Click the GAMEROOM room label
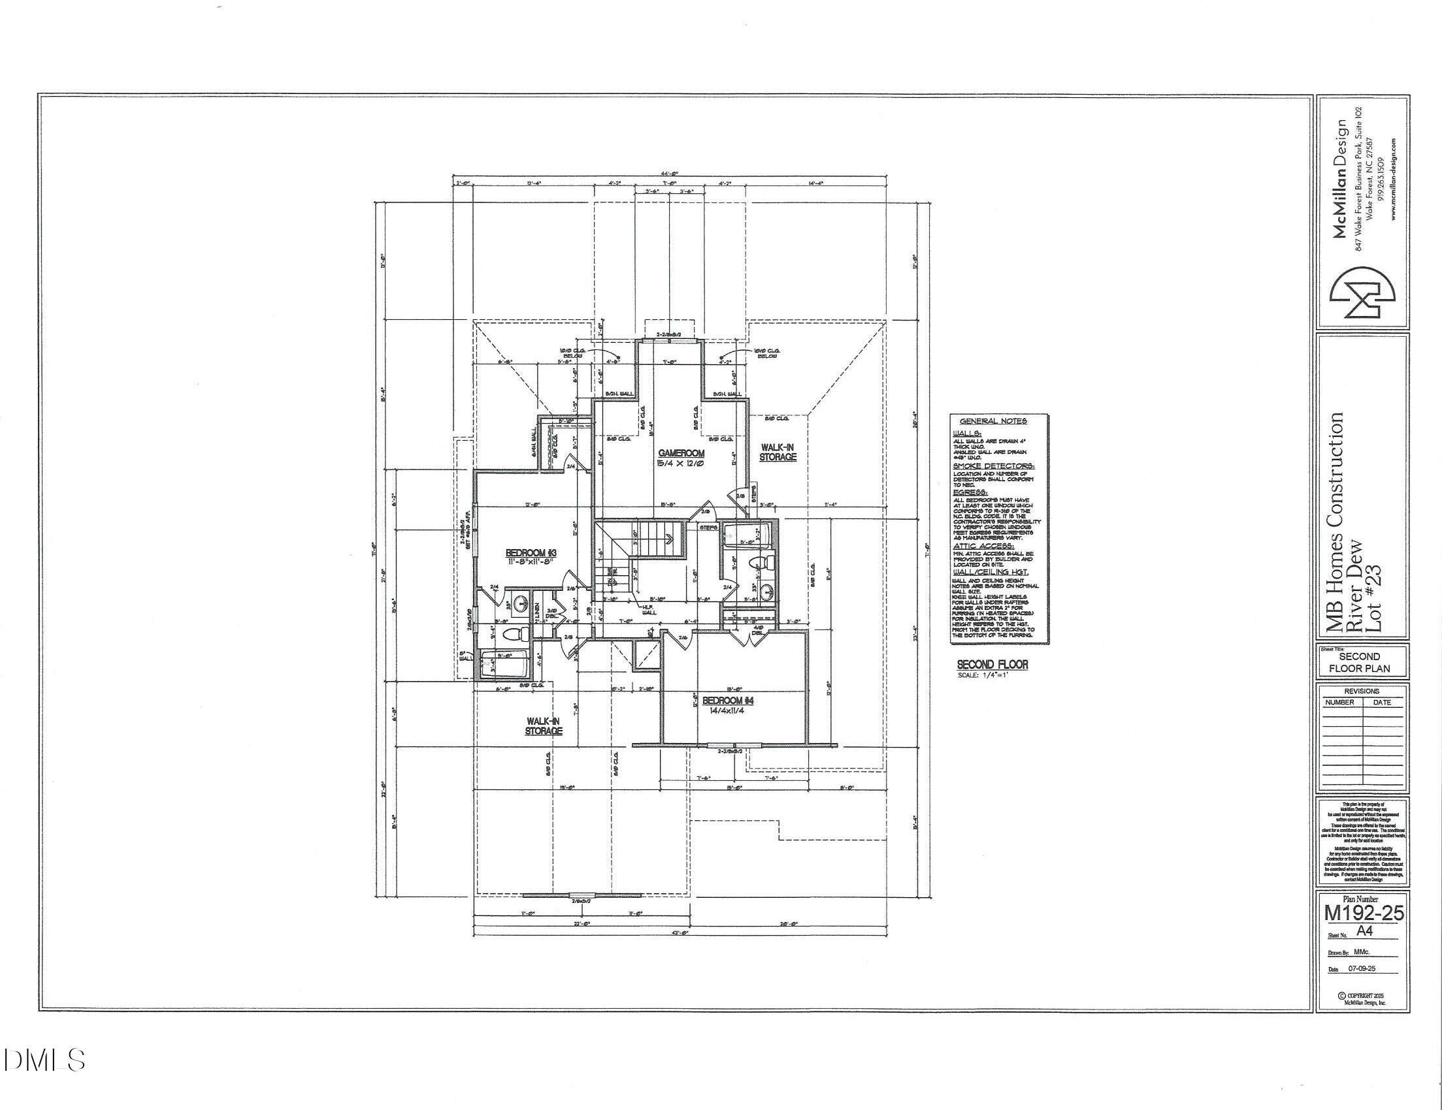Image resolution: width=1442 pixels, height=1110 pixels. [x=681, y=453]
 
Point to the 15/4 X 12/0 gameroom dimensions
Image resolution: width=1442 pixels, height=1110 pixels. [x=681, y=464]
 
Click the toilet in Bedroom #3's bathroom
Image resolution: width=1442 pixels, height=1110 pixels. [x=515, y=635]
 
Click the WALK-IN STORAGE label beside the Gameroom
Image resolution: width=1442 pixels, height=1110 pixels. [x=777, y=451]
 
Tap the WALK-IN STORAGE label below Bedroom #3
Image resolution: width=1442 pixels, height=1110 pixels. [x=544, y=726]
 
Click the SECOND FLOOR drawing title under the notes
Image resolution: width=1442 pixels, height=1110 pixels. [x=992, y=665]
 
